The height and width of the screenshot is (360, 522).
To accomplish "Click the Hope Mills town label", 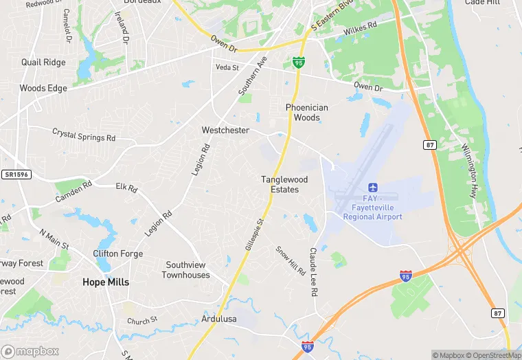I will point(106,282).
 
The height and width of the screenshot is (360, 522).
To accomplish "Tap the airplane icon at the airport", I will point(374,188).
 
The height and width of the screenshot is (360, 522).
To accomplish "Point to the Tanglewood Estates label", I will point(284,184).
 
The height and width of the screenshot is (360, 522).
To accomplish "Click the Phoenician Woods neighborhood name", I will point(307,113).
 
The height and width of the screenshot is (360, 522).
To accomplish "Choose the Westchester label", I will point(225,130).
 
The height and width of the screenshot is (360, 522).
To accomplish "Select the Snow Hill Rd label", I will point(291,261).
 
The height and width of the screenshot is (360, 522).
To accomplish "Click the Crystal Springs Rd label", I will point(84,134).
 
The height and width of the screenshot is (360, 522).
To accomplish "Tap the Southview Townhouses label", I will point(185,270).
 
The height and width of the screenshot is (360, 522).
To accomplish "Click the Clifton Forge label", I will point(118,254).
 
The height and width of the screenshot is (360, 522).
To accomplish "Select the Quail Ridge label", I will point(43,63).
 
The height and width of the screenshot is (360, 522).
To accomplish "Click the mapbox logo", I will point(30,351).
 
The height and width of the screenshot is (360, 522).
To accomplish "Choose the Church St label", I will point(143,320).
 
